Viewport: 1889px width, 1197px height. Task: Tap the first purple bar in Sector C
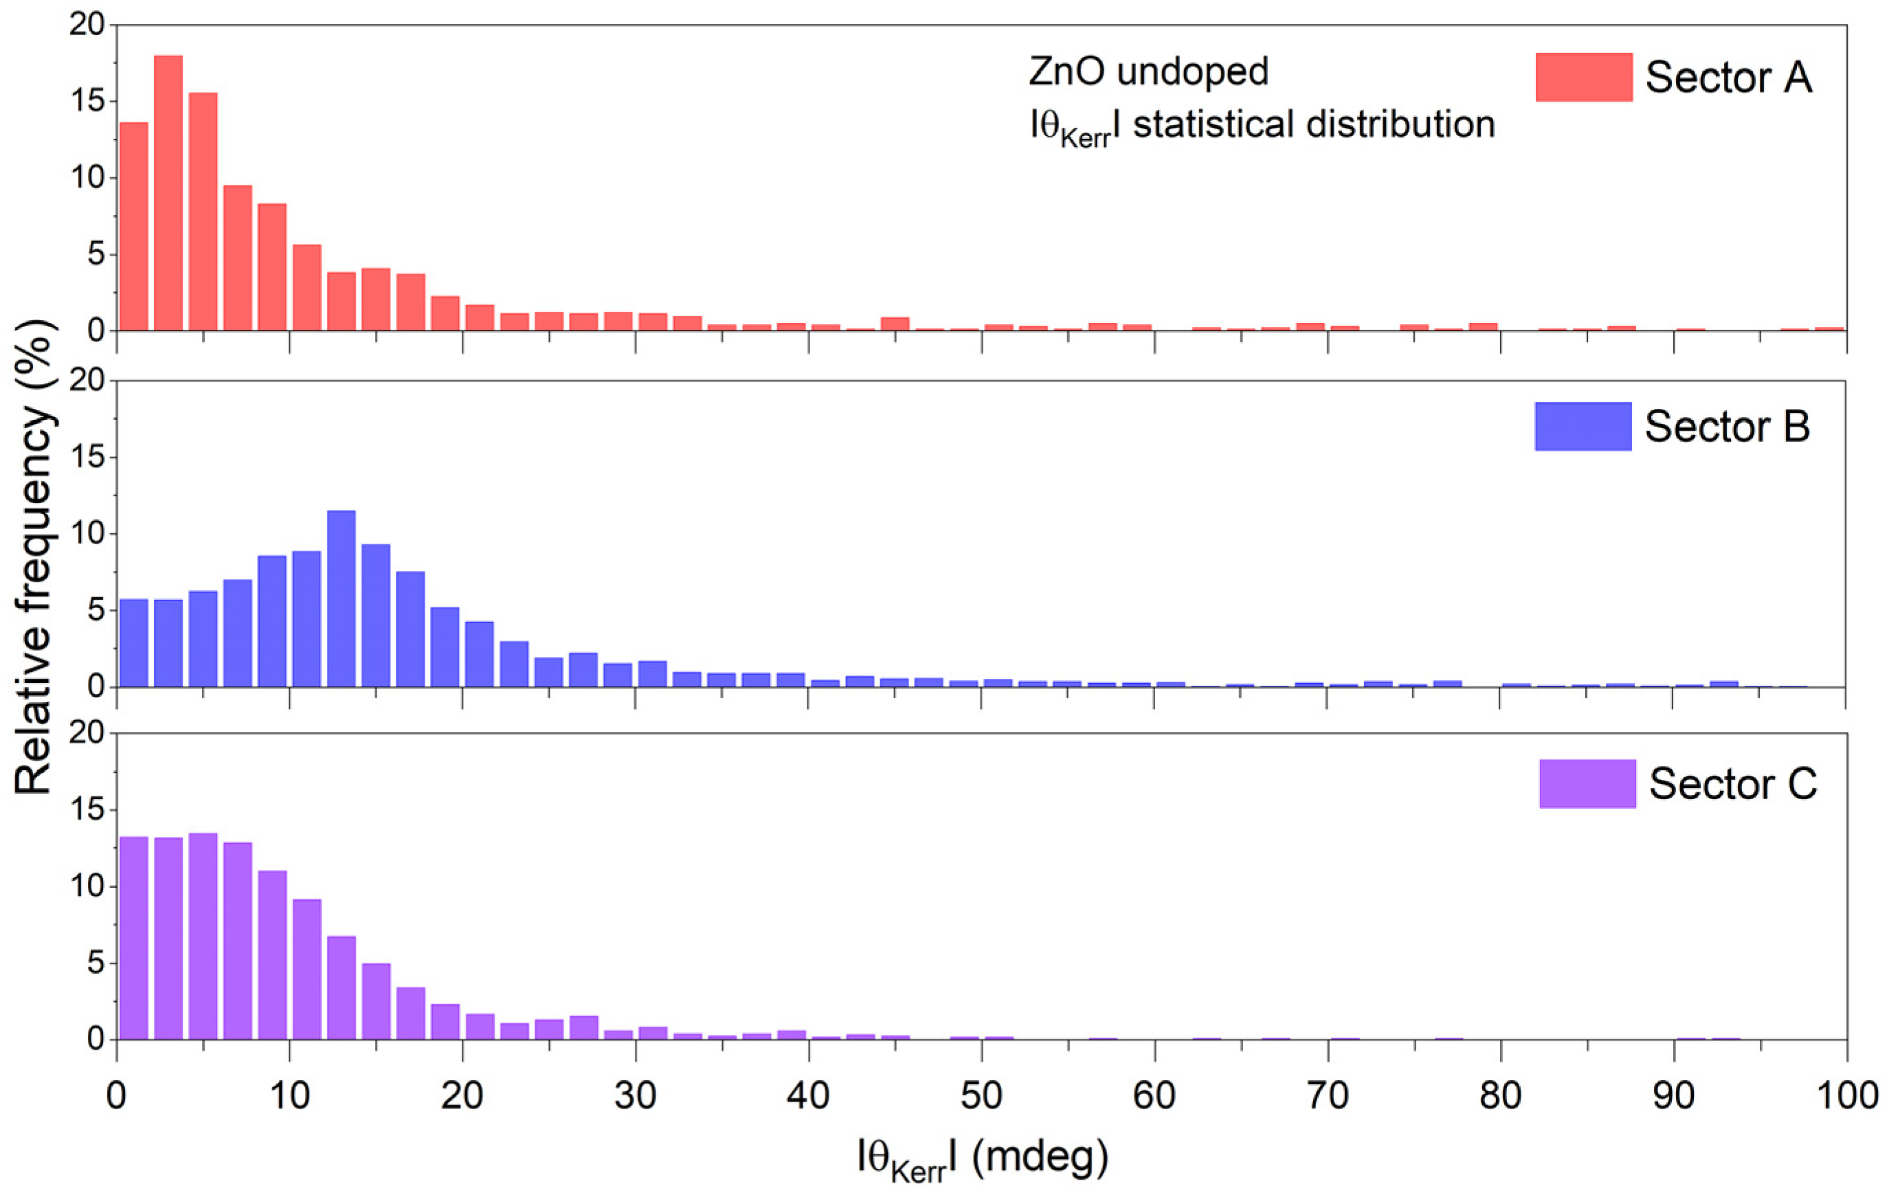coord(133,938)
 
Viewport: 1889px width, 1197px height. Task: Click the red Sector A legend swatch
coord(1584,77)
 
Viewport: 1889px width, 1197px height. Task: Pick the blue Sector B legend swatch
coord(1583,426)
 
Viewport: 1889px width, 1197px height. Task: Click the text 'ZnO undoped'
coord(1148,72)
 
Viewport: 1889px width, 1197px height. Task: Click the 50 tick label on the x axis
coord(981,1095)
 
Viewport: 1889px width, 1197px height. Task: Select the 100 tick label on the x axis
coord(1846,1095)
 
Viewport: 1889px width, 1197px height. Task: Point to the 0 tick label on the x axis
coord(117,1095)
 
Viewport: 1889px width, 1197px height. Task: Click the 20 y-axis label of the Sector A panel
coord(87,25)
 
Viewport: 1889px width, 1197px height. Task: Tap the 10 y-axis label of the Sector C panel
coord(87,886)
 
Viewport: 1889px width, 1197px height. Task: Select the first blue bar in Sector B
coord(133,642)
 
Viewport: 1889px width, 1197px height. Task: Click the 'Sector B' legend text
coord(1727,427)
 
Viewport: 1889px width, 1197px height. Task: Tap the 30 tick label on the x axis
coord(636,1095)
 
